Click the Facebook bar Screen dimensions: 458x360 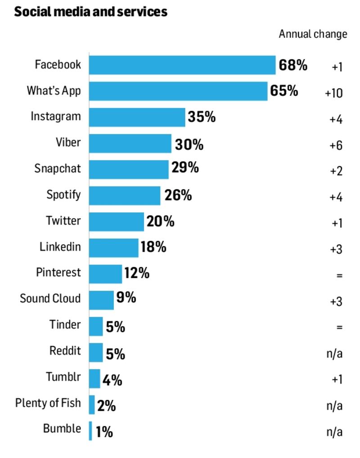[182, 65]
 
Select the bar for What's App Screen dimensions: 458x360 [178, 91]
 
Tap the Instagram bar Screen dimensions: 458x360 [137, 117]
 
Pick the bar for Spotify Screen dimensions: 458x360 [124, 196]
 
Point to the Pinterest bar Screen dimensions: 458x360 [105, 274]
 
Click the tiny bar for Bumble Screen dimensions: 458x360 [90, 431]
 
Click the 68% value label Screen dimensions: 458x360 [293, 65]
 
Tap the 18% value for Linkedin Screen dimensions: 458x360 [153, 247]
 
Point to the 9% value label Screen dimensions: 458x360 [126, 297]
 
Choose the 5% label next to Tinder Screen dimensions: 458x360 [115, 327]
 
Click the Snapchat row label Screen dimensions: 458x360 [58, 169]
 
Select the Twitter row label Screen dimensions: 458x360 [63, 221]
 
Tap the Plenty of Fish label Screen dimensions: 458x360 [48, 403]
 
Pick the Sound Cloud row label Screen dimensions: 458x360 [50, 299]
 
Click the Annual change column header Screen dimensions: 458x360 [313, 34]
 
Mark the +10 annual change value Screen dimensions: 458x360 [333, 93]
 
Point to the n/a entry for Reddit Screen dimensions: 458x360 [334, 354]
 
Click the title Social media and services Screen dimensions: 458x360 [90, 12]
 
